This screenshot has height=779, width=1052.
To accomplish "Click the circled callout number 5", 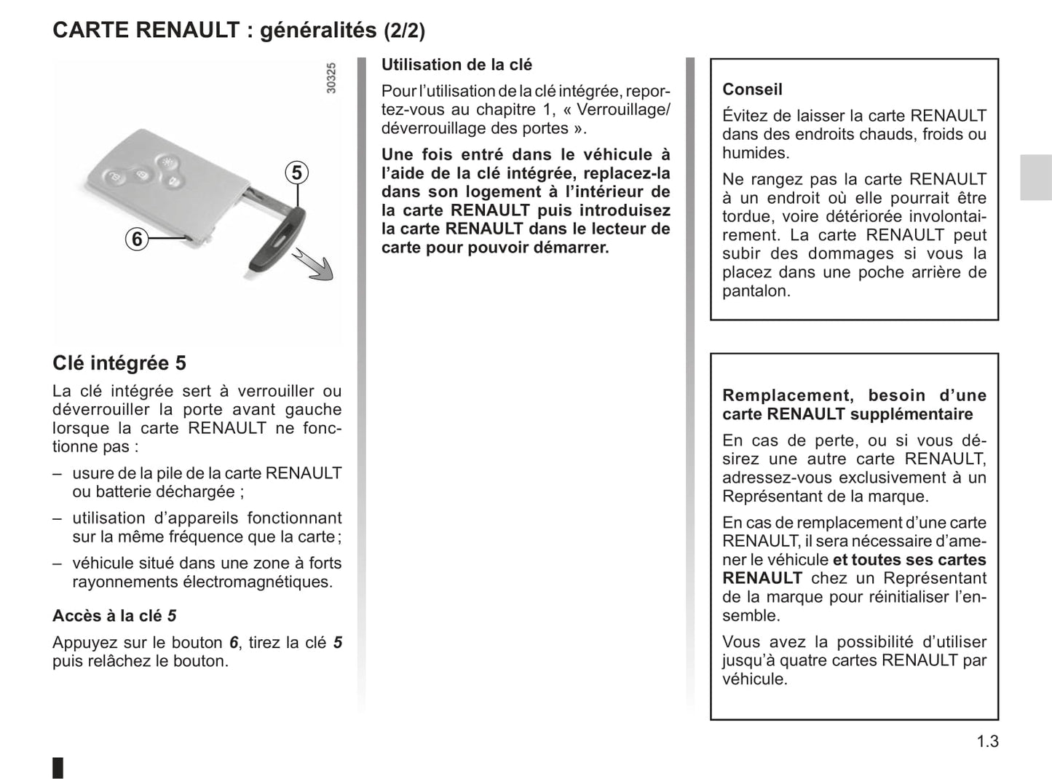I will click(296, 173).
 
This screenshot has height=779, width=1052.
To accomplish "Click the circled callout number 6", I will click(137, 239).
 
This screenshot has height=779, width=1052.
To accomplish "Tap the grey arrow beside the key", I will click(315, 265).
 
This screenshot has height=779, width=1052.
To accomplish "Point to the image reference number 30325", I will click(331, 78).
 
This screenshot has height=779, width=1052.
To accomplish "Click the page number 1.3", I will click(987, 741).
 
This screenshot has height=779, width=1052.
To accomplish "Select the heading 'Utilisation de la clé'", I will click(456, 65).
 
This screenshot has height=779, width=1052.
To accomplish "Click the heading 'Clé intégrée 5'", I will click(119, 363).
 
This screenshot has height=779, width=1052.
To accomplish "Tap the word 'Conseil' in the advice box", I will click(752, 90).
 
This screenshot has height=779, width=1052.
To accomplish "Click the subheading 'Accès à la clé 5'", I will click(114, 616).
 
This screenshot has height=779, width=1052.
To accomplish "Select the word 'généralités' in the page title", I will click(318, 30).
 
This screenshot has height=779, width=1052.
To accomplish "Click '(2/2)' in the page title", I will click(404, 31).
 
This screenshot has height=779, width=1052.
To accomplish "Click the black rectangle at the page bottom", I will click(58, 767).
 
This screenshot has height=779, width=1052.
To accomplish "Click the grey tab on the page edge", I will click(1035, 177).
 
